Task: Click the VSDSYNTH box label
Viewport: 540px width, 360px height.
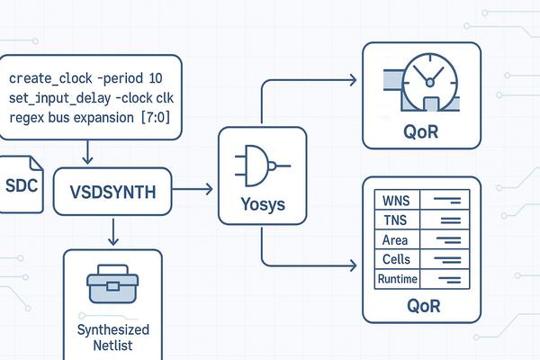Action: click(112, 191)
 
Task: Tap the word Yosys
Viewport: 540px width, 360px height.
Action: click(264, 204)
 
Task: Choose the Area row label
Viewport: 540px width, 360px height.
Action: click(395, 239)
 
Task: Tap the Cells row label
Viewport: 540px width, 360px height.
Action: click(396, 259)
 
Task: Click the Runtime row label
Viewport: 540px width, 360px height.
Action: click(396, 279)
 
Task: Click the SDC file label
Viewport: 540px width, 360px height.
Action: click(21, 184)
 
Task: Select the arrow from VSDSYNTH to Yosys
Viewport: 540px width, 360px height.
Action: click(193, 189)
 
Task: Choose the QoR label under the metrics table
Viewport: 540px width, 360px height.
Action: click(424, 306)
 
